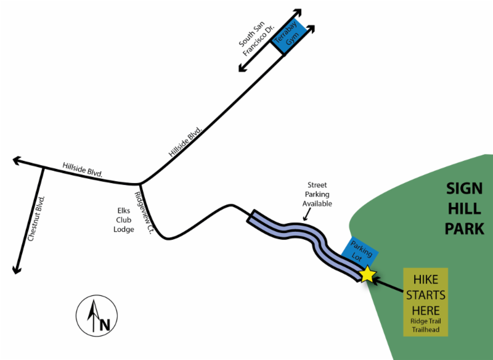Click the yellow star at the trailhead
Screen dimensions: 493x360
[367, 274]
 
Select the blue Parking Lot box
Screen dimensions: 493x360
[360, 253]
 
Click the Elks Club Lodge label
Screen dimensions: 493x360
[124, 220]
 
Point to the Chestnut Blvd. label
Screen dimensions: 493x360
[36, 218]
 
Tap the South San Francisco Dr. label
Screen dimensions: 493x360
[256, 38]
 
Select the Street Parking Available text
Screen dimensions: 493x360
[317, 194]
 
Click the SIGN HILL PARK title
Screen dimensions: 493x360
[465, 209]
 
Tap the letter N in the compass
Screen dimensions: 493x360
[105, 325]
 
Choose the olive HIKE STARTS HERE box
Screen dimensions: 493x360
[425, 302]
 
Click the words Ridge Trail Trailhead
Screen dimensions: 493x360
[426, 325]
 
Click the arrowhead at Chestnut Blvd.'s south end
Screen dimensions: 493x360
[17, 269]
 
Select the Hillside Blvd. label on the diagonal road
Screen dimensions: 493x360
[185, 142]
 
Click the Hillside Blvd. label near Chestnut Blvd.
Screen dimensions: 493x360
[83, 170]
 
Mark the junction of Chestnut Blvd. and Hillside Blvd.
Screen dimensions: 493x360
[43, 168]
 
